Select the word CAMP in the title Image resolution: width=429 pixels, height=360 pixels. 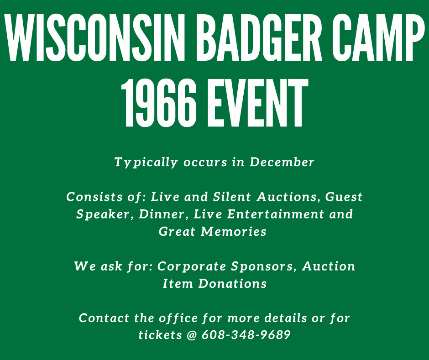click(x=378, y=37)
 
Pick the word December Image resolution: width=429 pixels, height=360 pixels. click(x=282, y=162)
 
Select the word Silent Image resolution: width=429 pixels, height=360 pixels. click(x=232, y=197)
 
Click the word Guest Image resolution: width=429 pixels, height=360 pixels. click(x=344, y=197)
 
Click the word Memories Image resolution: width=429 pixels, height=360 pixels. click(x=233, y=232)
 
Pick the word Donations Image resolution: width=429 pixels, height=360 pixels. click(x=233, y=284)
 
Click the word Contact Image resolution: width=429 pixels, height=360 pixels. click(x=104, y=318)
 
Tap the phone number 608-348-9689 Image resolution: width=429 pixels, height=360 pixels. click(x=246, y=335)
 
